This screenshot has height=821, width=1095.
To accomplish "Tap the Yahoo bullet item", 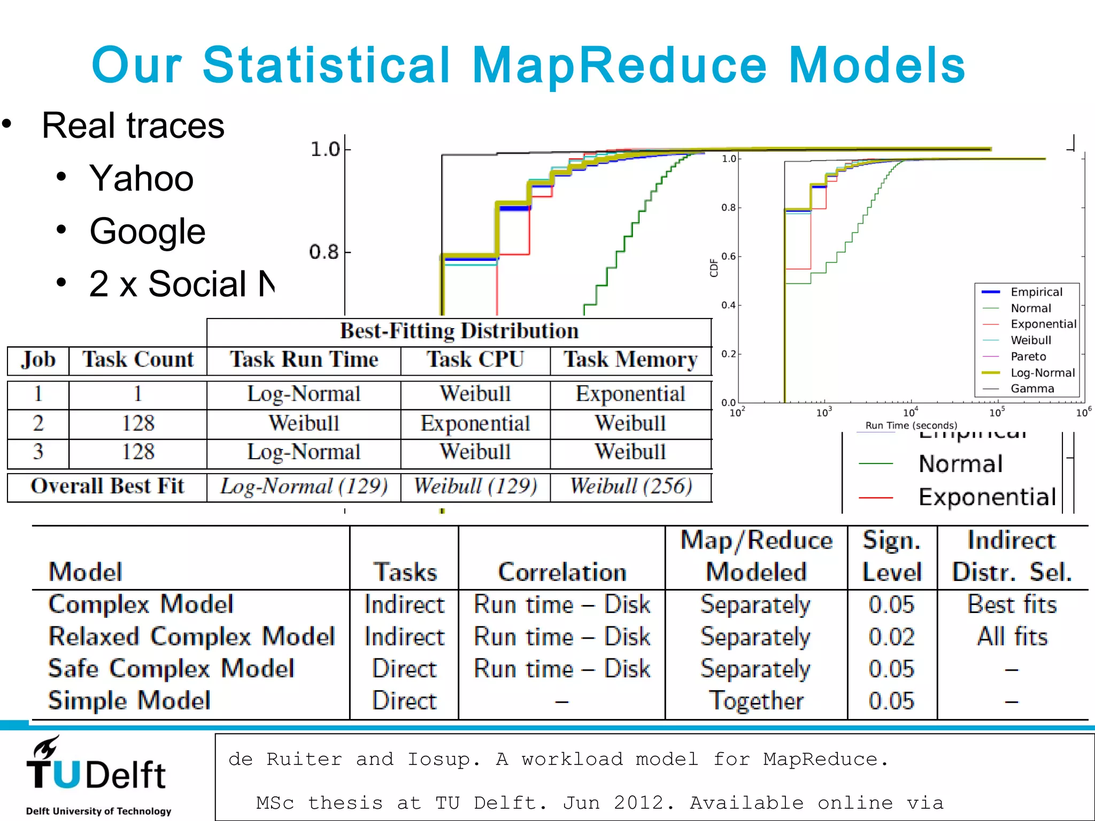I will coord(141,178).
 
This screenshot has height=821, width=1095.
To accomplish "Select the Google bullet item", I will coord(147,231).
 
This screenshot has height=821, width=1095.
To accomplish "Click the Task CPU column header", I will coord(475,359).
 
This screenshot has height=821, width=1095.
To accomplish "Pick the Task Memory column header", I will coord(630,359).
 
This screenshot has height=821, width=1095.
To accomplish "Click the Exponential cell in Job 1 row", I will coord(630,394).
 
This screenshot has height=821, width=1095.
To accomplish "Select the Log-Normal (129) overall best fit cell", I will coord(304,486).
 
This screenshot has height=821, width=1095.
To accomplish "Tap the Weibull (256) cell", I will coord(630,486).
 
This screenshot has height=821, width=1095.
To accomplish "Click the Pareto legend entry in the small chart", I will coord(1028,357).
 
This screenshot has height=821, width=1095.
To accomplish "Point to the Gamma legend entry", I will coord(1031,389).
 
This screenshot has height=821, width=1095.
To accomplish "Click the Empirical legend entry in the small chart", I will coord(1036,292).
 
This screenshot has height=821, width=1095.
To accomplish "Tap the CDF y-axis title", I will coord(714,267).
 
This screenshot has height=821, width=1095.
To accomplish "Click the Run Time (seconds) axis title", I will coord(911,425).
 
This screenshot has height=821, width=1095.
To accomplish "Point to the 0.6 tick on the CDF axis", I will coord(729,257).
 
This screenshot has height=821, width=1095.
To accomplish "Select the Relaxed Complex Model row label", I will coord(191,637).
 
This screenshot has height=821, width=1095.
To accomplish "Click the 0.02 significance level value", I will coord(891,637).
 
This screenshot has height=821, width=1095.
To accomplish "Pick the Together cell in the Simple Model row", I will coord(756,701).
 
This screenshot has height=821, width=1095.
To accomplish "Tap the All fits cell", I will coord(1012,637).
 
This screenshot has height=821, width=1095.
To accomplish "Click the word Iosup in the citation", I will coord(443,760).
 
